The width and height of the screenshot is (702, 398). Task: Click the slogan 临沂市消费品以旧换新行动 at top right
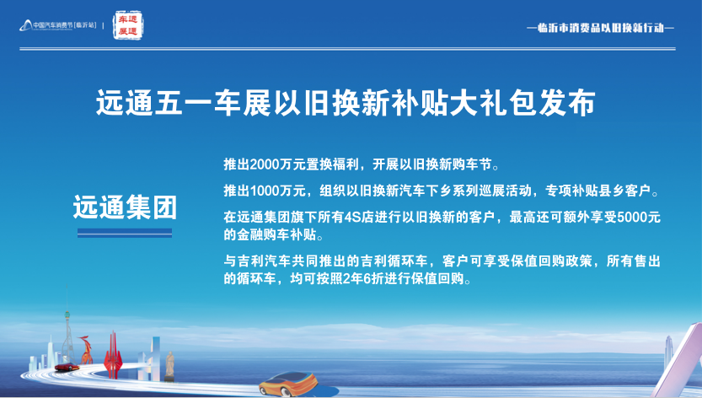(600, 27)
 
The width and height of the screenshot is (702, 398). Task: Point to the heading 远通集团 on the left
(125, 207)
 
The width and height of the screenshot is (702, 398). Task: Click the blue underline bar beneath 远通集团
(125, 233)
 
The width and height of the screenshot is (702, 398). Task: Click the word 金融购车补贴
(278, 234)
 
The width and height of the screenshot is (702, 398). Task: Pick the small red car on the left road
(62, 367)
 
